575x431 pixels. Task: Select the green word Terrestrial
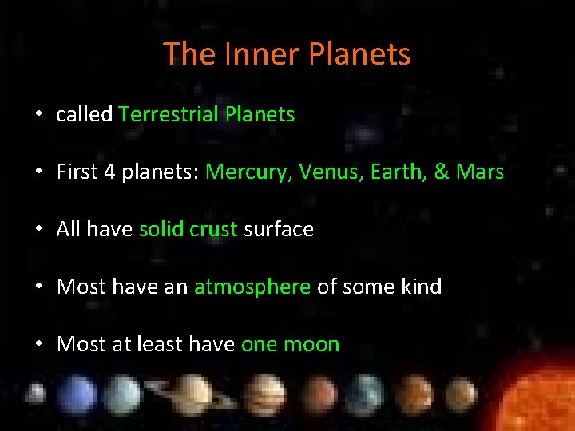click(x=169, y=114)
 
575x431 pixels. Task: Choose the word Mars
click(x=479, y=172)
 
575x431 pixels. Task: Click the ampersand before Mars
click(x=441, y=172)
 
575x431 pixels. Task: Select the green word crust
click(x=213, y=230)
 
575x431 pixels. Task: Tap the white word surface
click(x=279, y=230)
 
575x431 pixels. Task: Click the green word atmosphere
click(x=252, y=287)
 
